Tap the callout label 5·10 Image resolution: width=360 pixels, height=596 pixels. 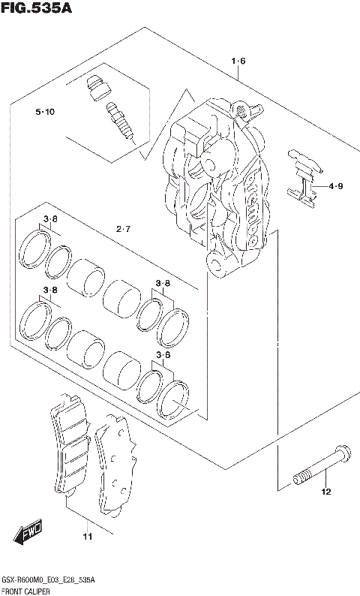point(44,113)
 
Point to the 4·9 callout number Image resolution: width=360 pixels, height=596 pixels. point(334,186)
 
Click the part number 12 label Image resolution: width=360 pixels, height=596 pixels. point(325,492)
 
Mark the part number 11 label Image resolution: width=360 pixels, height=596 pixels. point(88,537)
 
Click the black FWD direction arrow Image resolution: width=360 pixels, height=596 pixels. point(28,535)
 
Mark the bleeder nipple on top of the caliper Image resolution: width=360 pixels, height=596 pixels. point(242,110)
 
